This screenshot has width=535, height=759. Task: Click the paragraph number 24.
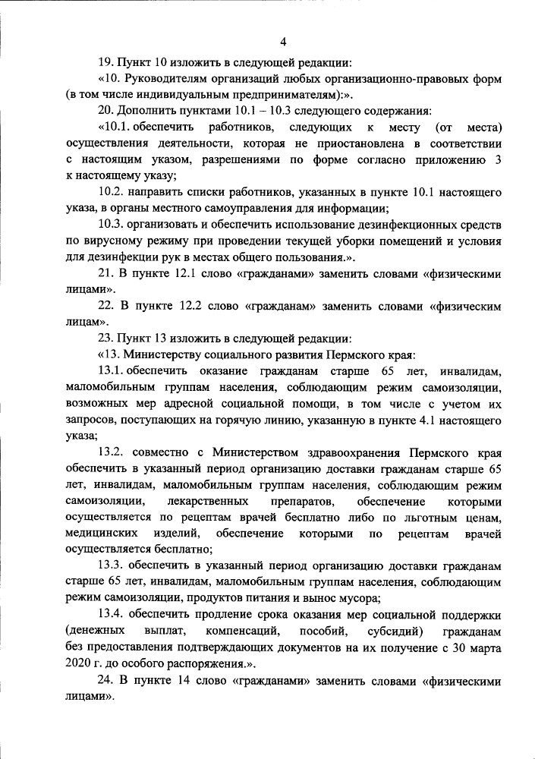tap(106, 681)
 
